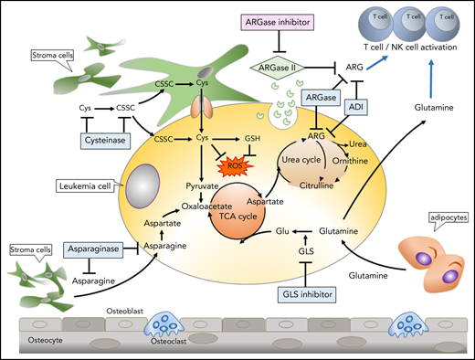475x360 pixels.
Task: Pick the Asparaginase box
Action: click(97, 249)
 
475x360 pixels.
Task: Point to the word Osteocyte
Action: click(33, 341)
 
